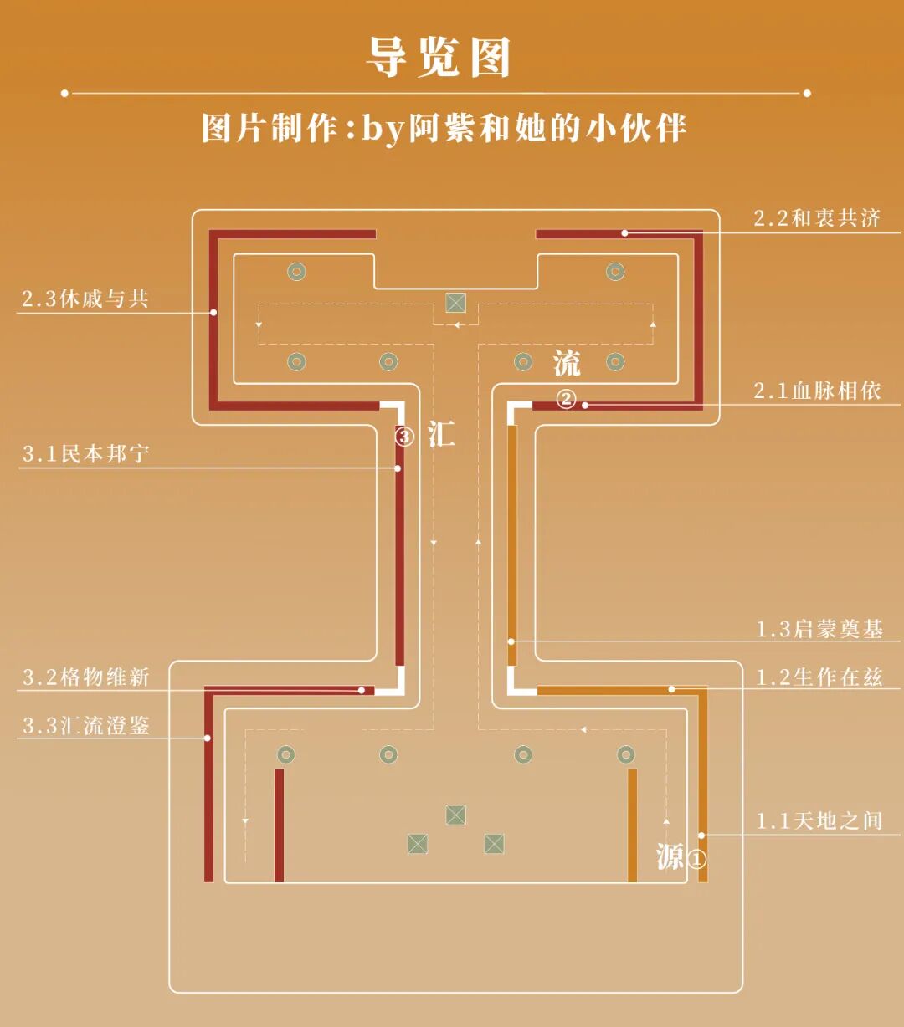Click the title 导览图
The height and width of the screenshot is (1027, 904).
[x=439, y=58]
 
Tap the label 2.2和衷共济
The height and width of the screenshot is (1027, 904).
[x=817, y=219]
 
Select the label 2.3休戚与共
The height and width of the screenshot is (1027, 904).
[x=85, y=299]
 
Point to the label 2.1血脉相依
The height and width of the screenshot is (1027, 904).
[x=817, y=391]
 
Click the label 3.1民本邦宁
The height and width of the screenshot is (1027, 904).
[x=86, y=454]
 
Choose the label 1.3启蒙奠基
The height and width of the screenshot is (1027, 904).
[x=819, y=630]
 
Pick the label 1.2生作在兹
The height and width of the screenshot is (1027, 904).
[x=819, y=677]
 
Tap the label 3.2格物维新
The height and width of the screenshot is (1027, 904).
[x=86, y=677]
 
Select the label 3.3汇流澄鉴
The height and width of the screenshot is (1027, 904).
[x=86, y=725]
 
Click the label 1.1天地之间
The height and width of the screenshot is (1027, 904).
[x=819, y=821]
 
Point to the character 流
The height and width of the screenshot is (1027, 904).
[x=567, y=364]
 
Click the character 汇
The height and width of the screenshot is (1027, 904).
[x=441, y=435]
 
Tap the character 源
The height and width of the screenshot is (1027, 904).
[x=670, y=856]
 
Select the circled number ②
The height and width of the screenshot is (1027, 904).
[x=567, y=399]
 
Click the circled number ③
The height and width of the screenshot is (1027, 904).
[x=405, y=437]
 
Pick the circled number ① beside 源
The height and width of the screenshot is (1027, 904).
[x=696, y=859]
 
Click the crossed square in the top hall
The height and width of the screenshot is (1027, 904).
[x=455, y=303]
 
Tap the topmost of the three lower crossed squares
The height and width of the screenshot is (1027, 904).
[x=455, y=815]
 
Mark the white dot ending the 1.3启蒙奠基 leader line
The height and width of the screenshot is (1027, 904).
[x=511, y=641]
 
